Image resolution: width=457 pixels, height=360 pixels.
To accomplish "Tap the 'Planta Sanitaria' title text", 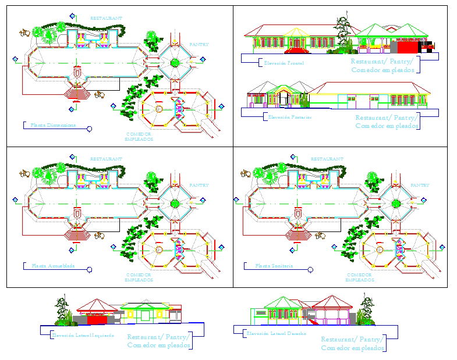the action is pyautogui.click(x=274, y=266).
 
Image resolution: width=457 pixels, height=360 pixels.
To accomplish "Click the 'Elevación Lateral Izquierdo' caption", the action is pyautogui.click(x=82, y=335).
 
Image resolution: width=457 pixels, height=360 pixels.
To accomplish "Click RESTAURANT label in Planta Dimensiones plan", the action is pyautogui.click(x=106, y=18).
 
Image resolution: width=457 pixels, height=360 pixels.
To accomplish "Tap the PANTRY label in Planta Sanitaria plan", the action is pyautogui.click(x=420, y=185).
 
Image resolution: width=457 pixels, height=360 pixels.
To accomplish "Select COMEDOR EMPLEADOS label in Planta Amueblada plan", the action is pyautogui.click(x=139, y=277).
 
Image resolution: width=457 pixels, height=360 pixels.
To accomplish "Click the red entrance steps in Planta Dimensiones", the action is pyautogui.click(x=76, y=92).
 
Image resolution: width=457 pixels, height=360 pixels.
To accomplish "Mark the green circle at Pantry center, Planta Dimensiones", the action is pyautogui.click(x=175, y=63).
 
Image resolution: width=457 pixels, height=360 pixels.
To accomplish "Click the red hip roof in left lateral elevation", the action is pyautogui.click(x=97, y=304).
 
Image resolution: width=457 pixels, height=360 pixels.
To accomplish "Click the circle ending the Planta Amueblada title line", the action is pyautogui.click(x=89, y=269).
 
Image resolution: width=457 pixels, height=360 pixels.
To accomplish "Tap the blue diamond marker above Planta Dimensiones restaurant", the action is pyautogui.click(x=72, y=16).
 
